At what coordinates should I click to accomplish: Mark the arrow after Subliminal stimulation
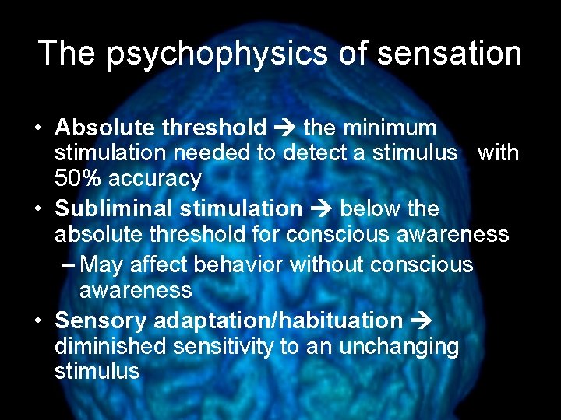[321, 208]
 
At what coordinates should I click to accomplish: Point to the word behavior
[239, 264]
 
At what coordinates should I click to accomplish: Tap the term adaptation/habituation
[278, 320]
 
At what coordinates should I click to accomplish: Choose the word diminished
[111, 346]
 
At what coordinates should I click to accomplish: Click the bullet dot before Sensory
[41, 320]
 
